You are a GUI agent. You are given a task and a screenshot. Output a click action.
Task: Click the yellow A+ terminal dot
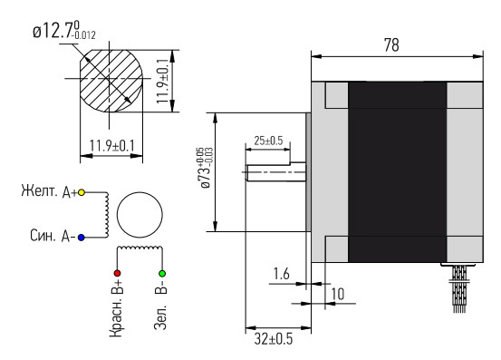click(82, 192)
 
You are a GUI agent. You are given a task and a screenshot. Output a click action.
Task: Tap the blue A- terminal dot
click(82, 238)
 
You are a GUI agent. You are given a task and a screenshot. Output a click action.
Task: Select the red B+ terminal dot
click(117, 273)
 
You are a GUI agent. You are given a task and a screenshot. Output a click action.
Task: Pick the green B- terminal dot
click(162, 273)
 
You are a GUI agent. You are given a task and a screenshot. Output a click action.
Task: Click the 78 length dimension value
click(391, 45)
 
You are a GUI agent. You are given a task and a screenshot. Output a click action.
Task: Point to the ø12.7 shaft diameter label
click(64, 30)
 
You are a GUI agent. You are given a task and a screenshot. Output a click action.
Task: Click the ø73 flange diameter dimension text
click(205, 168)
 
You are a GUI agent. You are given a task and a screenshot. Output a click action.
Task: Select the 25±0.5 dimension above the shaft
click(268, 141)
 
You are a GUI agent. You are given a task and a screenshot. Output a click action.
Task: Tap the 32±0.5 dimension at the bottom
click(274, 339)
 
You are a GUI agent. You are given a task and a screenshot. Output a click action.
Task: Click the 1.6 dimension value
click(281, 274)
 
